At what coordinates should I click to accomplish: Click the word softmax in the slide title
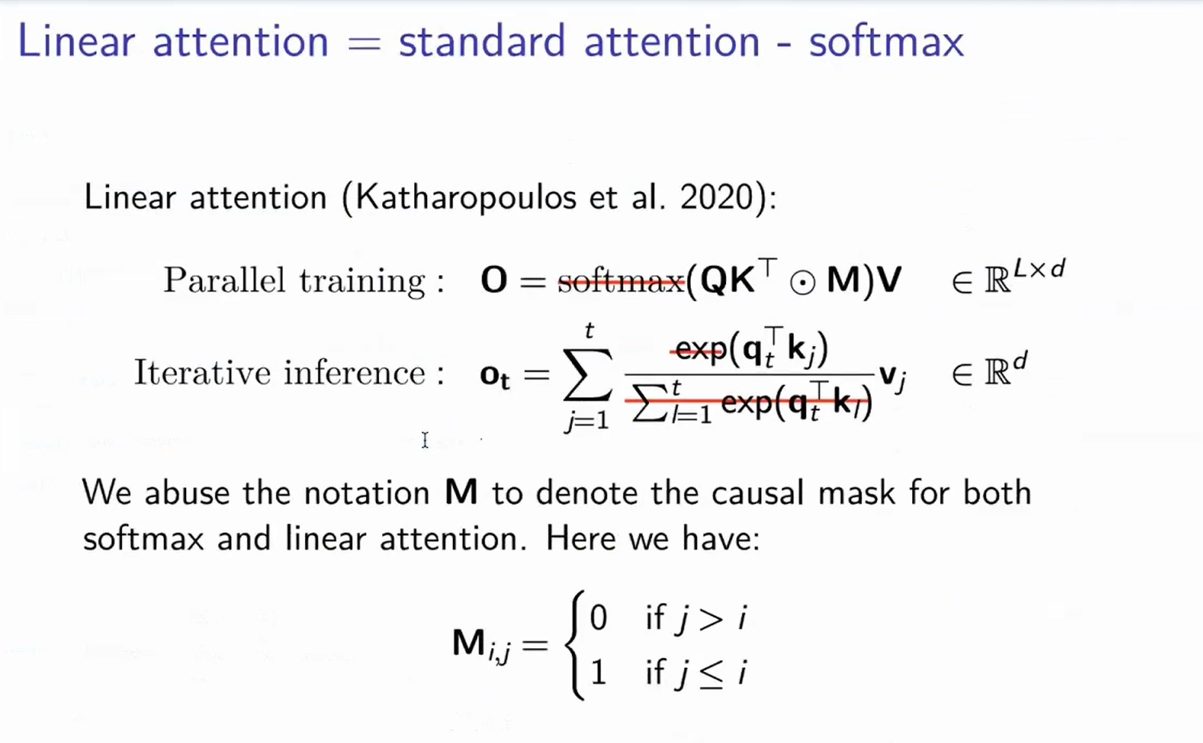tap(886, 42)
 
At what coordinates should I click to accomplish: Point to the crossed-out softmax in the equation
tap(621, 281)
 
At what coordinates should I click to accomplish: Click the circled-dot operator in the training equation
tap(802, 283)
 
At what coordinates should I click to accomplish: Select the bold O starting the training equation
tap(493, 281)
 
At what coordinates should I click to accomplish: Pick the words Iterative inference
tap(289, 372)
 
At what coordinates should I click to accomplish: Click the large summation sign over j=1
tap(588, 374)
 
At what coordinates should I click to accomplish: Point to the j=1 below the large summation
tap(588, 422)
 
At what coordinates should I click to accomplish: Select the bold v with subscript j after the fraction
tap(892, 376)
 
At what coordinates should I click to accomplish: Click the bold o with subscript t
tap(494, 375)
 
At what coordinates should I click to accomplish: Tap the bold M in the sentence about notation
tap(461, 493)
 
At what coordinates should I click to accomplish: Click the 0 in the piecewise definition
tap(598, 618)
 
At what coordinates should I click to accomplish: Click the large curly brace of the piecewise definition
tap(574, 645)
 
